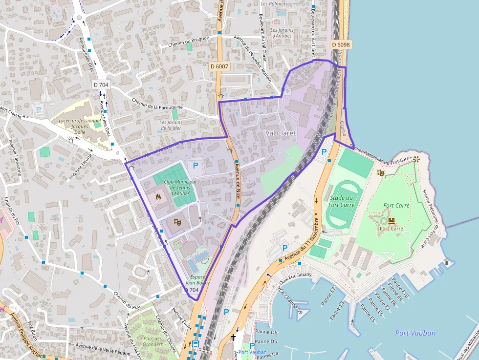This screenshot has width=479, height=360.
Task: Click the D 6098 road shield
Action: point(341,44)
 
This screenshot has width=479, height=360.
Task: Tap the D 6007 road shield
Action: point(219,66)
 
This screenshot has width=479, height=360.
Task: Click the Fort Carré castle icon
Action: point(391,221)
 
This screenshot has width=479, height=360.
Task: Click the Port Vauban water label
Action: point(415,333)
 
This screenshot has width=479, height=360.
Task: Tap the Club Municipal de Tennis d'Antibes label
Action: point(180,187)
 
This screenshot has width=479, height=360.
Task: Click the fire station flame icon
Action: point(158,197)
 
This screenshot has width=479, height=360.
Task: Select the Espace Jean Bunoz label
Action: point(197,279)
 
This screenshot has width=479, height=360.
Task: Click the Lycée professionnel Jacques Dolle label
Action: point(79,126)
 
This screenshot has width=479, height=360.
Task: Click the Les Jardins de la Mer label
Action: point(170,125)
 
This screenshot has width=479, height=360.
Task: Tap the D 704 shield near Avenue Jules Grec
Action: point(101,85)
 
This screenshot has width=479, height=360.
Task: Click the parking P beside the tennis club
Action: point(196,166)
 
